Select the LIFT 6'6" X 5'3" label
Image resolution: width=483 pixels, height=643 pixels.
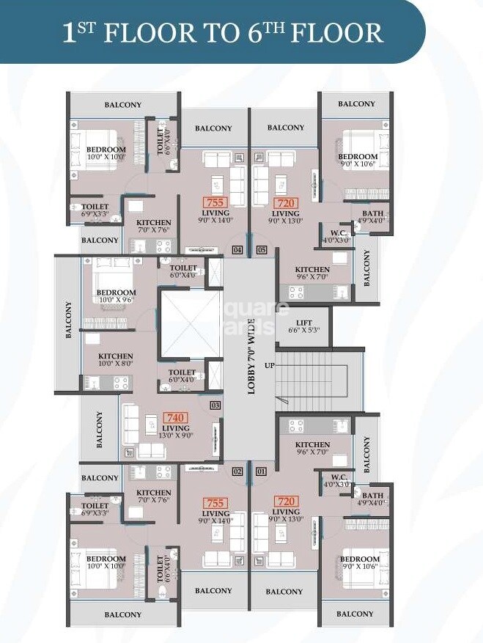(303, 327)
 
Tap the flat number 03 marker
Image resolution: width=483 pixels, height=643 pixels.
(215, 405)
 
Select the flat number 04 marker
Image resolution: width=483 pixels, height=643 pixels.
(237, 250)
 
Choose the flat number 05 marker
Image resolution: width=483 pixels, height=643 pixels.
(262, 250)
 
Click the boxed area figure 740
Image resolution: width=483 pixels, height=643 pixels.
(176, 418)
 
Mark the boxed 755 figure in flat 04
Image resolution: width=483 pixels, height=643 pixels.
(215, 202)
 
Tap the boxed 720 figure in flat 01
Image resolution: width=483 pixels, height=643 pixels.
(285, 501)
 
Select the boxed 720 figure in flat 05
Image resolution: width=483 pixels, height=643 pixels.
(285, 202)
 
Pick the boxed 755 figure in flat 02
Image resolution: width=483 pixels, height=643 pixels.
(215, 503)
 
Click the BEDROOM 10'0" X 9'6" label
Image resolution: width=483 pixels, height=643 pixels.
(117, 296)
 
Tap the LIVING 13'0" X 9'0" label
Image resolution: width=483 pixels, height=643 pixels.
(176, 432)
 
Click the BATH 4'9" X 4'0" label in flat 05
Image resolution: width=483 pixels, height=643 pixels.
(372, 217)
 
